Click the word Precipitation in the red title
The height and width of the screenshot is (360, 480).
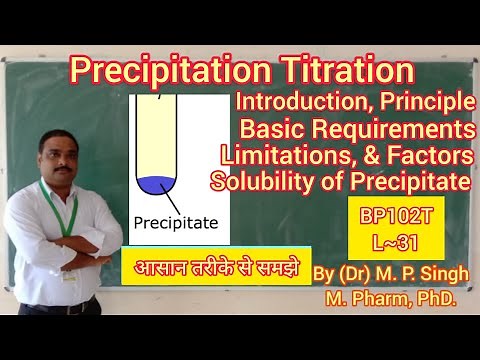[x=171, y=72]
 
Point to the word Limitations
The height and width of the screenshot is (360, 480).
[x=291, y=156]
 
